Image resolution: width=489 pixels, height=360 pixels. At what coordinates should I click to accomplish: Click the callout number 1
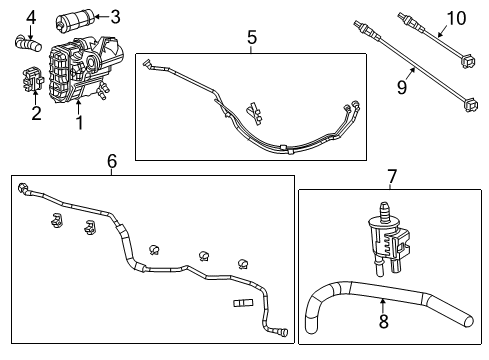click(x=80, y=123)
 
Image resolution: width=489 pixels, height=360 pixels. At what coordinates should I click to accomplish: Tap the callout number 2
click(x=36, y=112)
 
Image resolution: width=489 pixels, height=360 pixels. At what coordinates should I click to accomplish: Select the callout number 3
click(x=115, y=16)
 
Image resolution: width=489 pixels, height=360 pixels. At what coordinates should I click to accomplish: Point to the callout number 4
click(x=31, y=16)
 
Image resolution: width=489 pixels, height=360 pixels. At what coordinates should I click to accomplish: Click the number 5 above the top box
click(x=252, y=37)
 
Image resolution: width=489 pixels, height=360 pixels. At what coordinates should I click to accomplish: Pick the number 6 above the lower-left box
click(x=112, y=161)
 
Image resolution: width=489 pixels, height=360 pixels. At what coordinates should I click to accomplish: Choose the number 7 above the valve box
click(x=392, y=177)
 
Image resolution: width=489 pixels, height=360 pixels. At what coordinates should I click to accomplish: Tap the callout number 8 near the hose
click(x=382, y=322)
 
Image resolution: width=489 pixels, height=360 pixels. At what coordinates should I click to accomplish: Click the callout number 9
click(x=401, y=89)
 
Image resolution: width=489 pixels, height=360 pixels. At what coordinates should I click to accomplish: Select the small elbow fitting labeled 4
click(x=26, y=43)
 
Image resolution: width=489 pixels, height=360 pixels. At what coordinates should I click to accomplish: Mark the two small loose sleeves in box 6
click(x=244, y=301)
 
